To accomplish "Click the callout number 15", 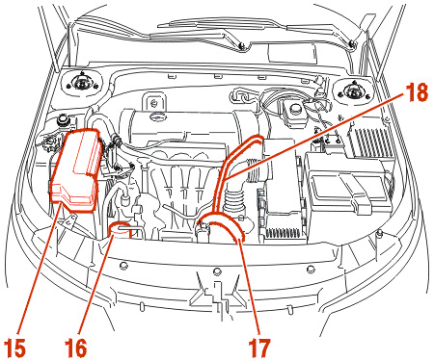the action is pyautogui.click(x=15, y=348).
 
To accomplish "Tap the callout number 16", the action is pyautogui.click(x=76, y=348).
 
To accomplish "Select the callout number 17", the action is pyautogui.click(x=259, y=348).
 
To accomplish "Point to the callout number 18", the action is pyautogui.click(x=417, y=91).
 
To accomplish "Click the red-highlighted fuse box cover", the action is pyautogui.click(x=76, y=169).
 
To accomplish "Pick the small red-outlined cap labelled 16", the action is pyautogui.click(x=121, y=231).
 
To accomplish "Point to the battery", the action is pyautogui.click(x=349, y=183).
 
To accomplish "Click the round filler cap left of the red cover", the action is pyautogui.click(x=62, y=120).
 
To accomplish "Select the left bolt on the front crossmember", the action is pyautogui.click(x=123, y=266).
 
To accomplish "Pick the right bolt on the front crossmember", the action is pyautogui.click(x=311, y=269).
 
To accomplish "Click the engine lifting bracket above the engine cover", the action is pyautogui.click(x=154, y=101).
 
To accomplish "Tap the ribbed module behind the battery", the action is pyautogui.click(x=371, y=142).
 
